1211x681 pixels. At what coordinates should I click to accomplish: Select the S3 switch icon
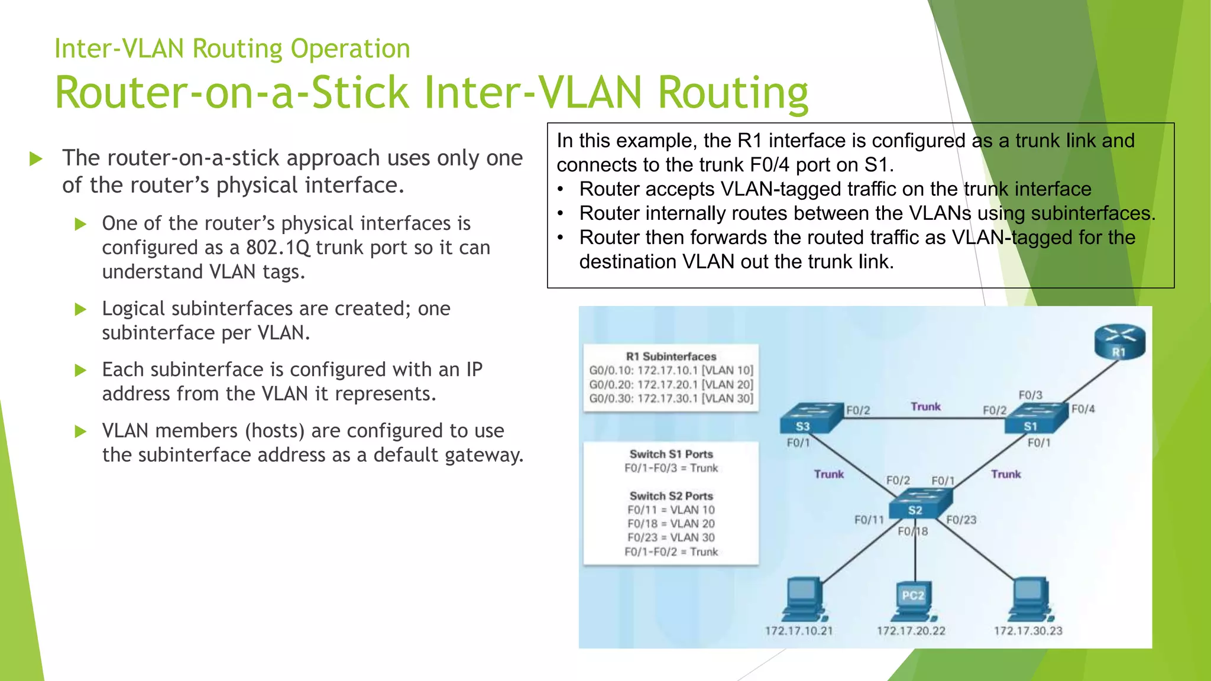pos(810,417)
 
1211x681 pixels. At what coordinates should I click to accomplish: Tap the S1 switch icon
pos(1037,417)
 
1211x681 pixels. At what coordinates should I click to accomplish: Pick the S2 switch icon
pos(919,503)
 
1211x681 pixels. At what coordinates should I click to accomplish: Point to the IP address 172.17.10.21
pos(798,631)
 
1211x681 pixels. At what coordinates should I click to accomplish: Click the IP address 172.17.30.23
pos(1028,631)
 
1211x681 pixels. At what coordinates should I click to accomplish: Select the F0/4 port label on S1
pos(1083,409)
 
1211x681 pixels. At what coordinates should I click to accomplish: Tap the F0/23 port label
pos(961,520)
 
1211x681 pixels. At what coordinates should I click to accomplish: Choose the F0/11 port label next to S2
pos(869,520)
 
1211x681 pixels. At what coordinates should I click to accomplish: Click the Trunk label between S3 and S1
pos(925,407)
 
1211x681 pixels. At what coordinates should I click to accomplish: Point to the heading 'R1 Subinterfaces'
pos(671,356)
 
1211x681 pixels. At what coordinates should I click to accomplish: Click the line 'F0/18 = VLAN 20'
pos(671,524)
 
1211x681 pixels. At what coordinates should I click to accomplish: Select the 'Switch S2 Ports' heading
pos(671,496)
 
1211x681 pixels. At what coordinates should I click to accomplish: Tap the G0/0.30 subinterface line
pos(671,398)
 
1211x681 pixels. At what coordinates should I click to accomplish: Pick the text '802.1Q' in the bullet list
pos(278,248)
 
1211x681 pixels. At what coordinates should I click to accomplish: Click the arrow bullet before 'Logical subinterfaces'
pos(81,309)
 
